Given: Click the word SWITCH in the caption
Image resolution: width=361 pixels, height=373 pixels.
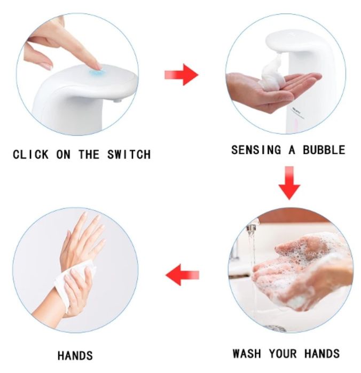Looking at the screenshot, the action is [129, 154].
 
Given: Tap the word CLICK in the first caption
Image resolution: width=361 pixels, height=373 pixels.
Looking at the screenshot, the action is [30, 154].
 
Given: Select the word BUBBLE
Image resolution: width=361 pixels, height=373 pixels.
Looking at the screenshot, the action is [324, 150].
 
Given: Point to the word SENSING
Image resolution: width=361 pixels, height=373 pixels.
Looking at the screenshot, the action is [256, 150].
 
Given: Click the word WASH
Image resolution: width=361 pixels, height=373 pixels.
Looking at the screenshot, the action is [247, 353].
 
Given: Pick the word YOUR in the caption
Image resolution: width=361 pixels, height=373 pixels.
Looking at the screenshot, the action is [282, 353].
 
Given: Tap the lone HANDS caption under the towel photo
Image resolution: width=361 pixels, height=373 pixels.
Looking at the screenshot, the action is [75, 355].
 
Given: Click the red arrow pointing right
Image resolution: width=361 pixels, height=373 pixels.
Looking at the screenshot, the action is [181, 75].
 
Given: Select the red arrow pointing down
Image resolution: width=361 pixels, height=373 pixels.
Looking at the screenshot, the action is [289, 182].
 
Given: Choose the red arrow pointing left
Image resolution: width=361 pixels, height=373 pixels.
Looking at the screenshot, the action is [182, 275].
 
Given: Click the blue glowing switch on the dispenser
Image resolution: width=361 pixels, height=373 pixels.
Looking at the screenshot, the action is [95, 70].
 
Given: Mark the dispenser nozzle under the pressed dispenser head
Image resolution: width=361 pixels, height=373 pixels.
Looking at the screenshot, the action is [117, 100].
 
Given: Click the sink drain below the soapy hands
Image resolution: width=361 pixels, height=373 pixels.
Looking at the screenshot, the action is [276, 329].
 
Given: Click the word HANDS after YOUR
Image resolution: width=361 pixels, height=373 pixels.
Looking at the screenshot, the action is [322, 353].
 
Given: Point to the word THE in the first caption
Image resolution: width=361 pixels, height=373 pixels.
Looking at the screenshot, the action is [89, 154].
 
